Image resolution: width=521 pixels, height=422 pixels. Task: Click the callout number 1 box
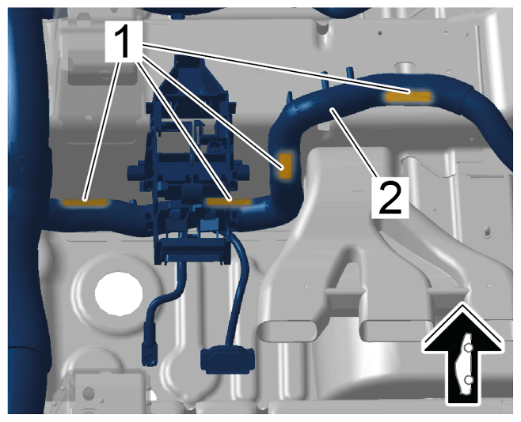124,41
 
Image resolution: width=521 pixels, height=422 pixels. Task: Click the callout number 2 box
390,198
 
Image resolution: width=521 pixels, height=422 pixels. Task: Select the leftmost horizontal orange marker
85,202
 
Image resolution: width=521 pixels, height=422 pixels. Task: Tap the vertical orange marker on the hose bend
285,166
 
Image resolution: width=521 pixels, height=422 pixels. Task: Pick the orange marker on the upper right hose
408,96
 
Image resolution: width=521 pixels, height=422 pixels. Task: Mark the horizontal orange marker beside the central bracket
229,202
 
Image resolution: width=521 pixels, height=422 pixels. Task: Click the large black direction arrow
462,353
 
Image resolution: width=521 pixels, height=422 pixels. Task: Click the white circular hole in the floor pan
119,293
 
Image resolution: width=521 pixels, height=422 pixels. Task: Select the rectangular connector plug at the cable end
227,360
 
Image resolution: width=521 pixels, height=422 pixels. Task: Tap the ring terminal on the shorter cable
150,354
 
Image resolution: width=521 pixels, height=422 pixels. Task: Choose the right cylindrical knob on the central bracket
244,171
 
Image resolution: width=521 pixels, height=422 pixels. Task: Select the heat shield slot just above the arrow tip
449,294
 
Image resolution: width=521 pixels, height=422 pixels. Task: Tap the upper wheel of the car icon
468,348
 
